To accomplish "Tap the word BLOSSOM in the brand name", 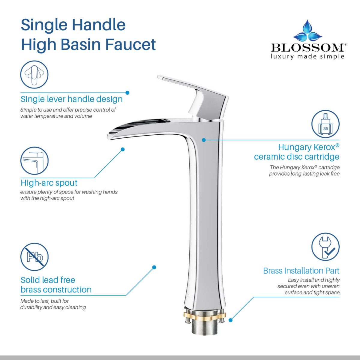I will (x=308, y=48).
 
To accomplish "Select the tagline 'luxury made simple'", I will (x=307, y=56).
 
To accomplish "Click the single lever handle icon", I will (x=34, y=74).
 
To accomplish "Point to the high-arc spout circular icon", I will (x=34, y=161).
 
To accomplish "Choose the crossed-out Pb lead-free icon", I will (x=34, y=257).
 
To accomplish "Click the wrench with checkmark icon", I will (x=325, y=247).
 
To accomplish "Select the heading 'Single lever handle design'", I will (x=71, y=99).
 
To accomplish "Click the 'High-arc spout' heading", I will (x=49, y=183).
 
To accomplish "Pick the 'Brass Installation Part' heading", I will (x=301, y=271).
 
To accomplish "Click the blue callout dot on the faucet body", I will (x=204, y=140).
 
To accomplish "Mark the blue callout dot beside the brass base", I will (x=230, y=320).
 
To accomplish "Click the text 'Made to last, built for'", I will (x=44, y=301).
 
